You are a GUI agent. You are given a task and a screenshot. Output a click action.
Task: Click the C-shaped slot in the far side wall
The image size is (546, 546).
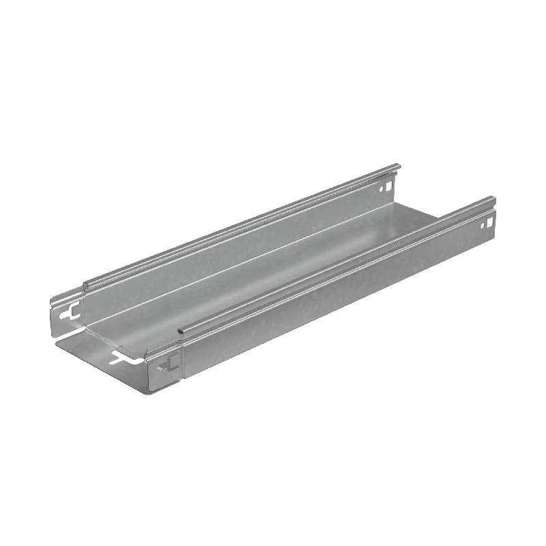[66, 315]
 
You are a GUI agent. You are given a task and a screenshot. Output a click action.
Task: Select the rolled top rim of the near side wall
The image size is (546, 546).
[334, 266]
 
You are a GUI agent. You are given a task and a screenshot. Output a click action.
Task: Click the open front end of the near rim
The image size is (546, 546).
[180, 332]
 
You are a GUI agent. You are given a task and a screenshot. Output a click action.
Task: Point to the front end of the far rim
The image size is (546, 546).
[86, 285]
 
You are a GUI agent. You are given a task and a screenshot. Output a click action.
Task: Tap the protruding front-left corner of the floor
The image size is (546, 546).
[57, 341]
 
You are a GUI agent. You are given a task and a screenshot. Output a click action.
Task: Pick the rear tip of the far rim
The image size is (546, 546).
[398, 166]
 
